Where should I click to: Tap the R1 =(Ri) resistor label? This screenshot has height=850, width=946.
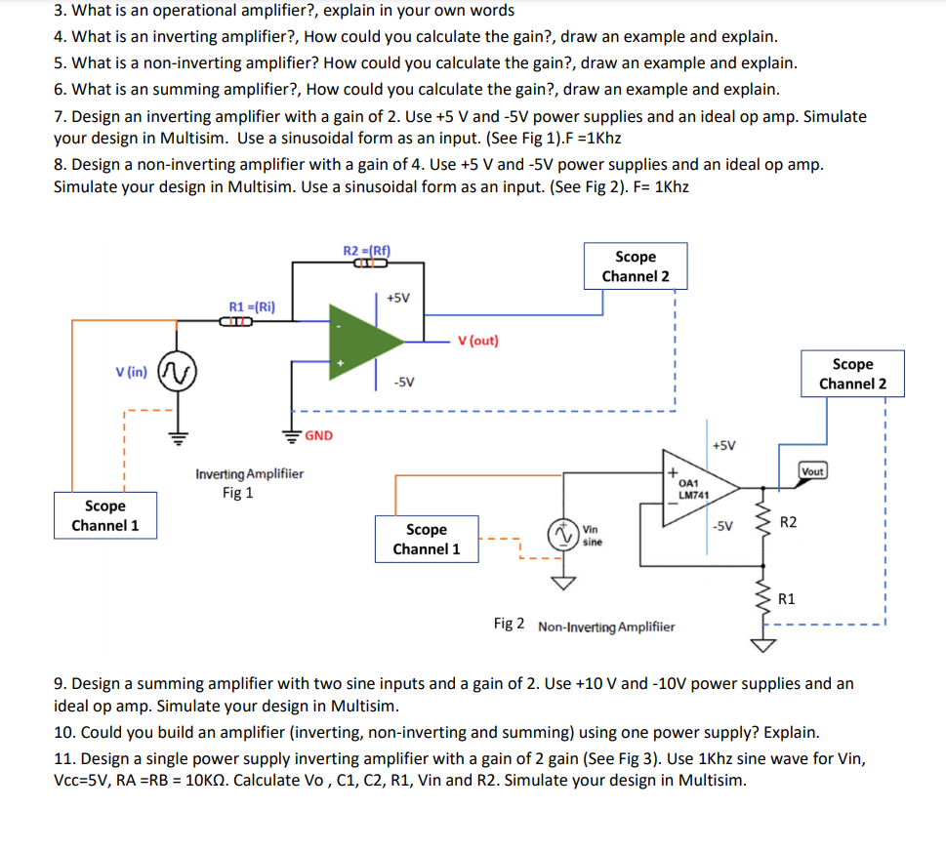(x=251, y=305)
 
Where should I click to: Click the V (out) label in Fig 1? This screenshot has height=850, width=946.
(x=477, y=341)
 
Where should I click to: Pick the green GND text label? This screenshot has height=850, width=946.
(x=318, y=435)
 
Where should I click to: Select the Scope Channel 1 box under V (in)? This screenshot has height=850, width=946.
(x=104, y=515)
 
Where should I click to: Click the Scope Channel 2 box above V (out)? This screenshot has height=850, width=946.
(x=636, y=266)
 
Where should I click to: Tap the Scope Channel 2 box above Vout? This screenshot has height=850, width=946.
(x=852, y=374)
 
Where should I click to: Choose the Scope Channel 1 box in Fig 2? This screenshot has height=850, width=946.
(x=427, y=539)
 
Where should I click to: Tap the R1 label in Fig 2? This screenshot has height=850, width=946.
(x=787, y=597)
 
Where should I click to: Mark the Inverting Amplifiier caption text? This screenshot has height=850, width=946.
(x=249, y=474)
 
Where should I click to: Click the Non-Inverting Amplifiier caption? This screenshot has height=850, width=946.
(x=605, y=626)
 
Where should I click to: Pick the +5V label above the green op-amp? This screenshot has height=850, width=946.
(x=398, y=297)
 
